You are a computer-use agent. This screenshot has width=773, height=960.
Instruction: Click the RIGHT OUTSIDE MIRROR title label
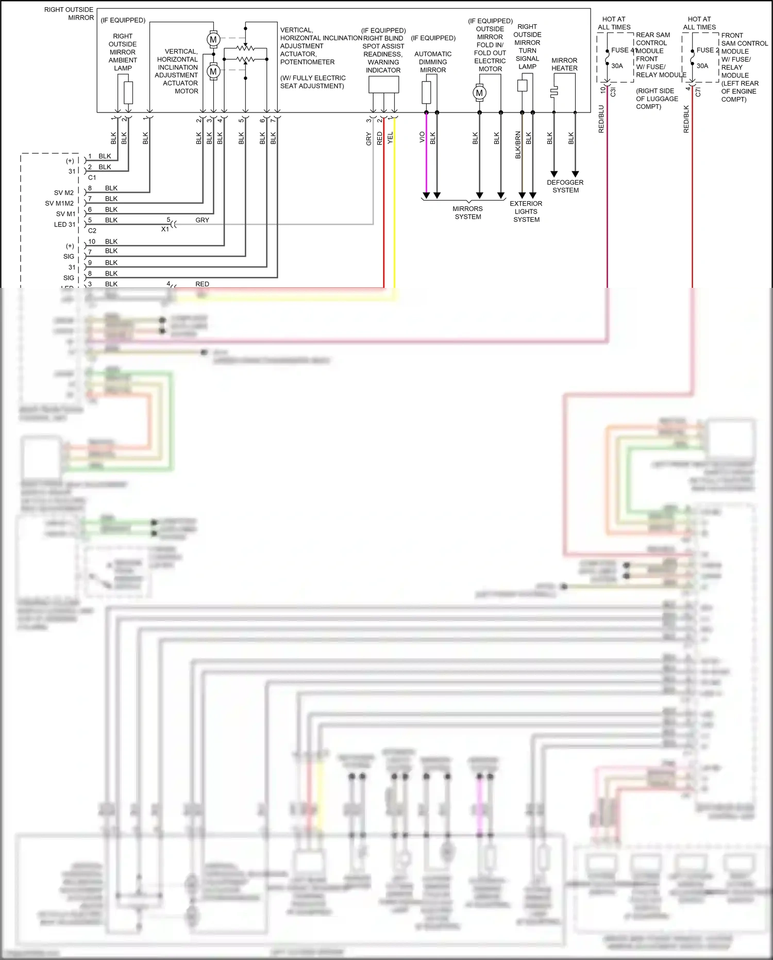(x=69, y=13)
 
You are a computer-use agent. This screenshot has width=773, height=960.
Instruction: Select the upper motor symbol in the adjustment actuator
(x=213, y=39)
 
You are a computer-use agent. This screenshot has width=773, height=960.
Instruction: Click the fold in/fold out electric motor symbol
(x=479, y=93)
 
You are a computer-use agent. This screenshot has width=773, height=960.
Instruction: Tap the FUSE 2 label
(x=708, y=50)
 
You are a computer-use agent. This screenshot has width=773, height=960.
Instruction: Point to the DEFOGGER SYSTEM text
(x=565, y=186)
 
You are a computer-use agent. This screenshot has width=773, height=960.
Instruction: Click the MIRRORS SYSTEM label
(x=467, y=213)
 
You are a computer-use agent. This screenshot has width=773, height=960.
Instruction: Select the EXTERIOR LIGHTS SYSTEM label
(x=526, y=211)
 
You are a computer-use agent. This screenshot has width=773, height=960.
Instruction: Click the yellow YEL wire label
(x=390, y=137)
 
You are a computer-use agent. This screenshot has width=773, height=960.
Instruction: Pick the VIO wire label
(x=422, y=137)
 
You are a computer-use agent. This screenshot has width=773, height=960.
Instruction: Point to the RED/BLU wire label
(x=601, y=119)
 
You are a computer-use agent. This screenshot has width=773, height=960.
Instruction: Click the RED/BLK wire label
(x=686, y=119)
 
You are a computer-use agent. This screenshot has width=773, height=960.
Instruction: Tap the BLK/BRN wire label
(x=518, y=145)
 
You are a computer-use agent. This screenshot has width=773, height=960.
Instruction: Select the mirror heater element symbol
(x=554, y=92)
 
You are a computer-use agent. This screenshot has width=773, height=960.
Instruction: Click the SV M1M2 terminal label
(x=59, y=203)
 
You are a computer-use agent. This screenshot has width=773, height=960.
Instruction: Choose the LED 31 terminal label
(x=64, y=224)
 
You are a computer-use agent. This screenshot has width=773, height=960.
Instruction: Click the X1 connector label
(x=165, y=229)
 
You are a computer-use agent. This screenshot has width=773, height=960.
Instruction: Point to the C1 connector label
(x=92, y=177)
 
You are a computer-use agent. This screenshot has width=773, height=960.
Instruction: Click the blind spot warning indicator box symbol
(x=383, y=85)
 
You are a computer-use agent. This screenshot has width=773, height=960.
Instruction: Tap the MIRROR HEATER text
(x=564, y=64)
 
